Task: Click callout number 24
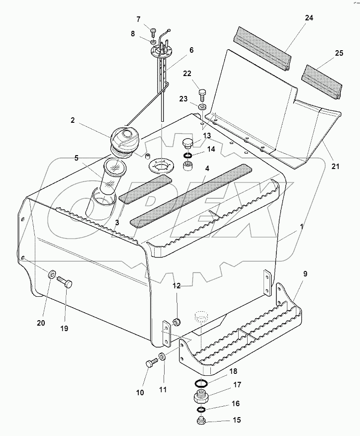pyautogui.click(x=309, y=18)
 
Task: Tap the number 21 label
pyautogui.click(x=335, y=167)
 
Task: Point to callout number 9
pyautogui.click(x=305, y=273)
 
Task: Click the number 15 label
pyautogui.click(x=236, y=420)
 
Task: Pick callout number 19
pyautogui.click(x=64, y=329)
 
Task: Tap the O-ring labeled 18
pyautogui.click(x=201, y=383)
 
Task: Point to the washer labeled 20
pyautogui.click(x=52, y=274)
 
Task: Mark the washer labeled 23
pyautogui.click(x=202, y=106)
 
